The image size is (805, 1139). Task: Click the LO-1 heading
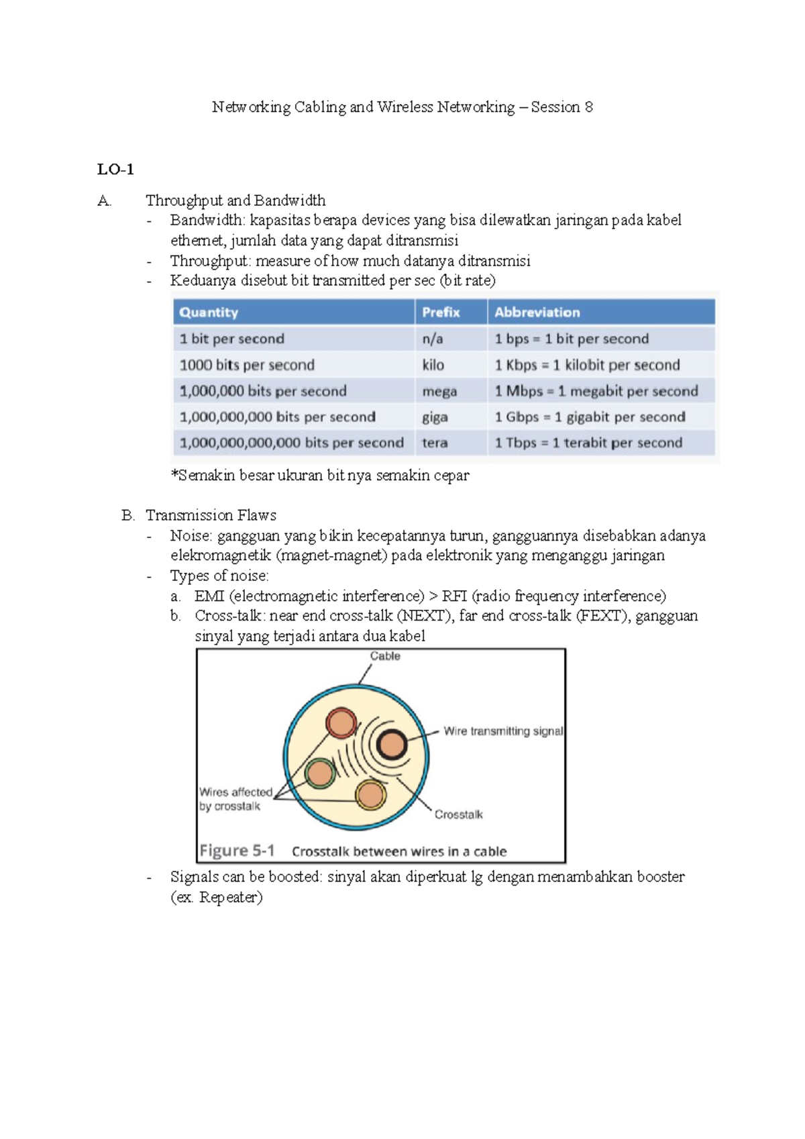coord(115,169)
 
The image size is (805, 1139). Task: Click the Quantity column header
coord(209,312)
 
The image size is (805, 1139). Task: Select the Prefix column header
coord(441,312)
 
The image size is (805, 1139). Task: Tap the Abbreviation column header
coord(537,312)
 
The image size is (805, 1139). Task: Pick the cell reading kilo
coord(433,365)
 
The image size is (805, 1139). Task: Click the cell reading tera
coord(435,443)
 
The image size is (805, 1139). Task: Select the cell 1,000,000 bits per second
coord(263,391)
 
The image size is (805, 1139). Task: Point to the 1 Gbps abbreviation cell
coord(590,417)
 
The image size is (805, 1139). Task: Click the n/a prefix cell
coord(433,339)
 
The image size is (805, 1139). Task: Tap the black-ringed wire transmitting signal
coord(392,745)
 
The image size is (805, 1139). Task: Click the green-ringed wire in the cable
coord(320,773)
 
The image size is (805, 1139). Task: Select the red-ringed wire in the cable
coord(341,723)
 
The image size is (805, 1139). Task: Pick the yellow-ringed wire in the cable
coord(370,796)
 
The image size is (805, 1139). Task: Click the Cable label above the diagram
coord(385,656)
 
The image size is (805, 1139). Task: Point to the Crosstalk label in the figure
coord(458,814)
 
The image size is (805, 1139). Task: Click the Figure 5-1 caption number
coord(237,851)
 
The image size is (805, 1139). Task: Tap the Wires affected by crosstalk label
coord(235,799)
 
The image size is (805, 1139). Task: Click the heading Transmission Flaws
coord(211,515)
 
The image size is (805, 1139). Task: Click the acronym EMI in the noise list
coord(209,596)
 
